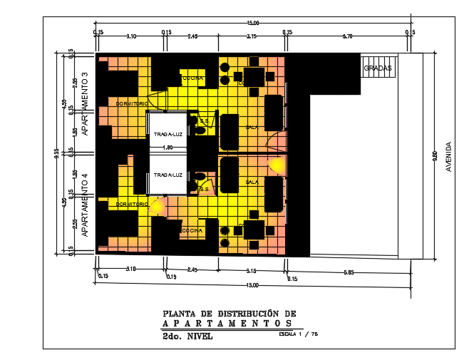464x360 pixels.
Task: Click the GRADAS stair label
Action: (378, 68)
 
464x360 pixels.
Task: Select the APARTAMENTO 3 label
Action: (84, 103)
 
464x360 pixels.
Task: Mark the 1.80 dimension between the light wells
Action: (168, 148)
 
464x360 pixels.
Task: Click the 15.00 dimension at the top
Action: (252, 24)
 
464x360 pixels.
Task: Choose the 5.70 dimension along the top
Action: (348, 35)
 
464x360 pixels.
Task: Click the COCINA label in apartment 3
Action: (192, 78)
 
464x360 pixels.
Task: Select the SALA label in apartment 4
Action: (252, 182)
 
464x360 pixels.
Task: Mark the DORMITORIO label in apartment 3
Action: (131, 103)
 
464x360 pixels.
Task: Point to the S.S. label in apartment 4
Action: (203, 190)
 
